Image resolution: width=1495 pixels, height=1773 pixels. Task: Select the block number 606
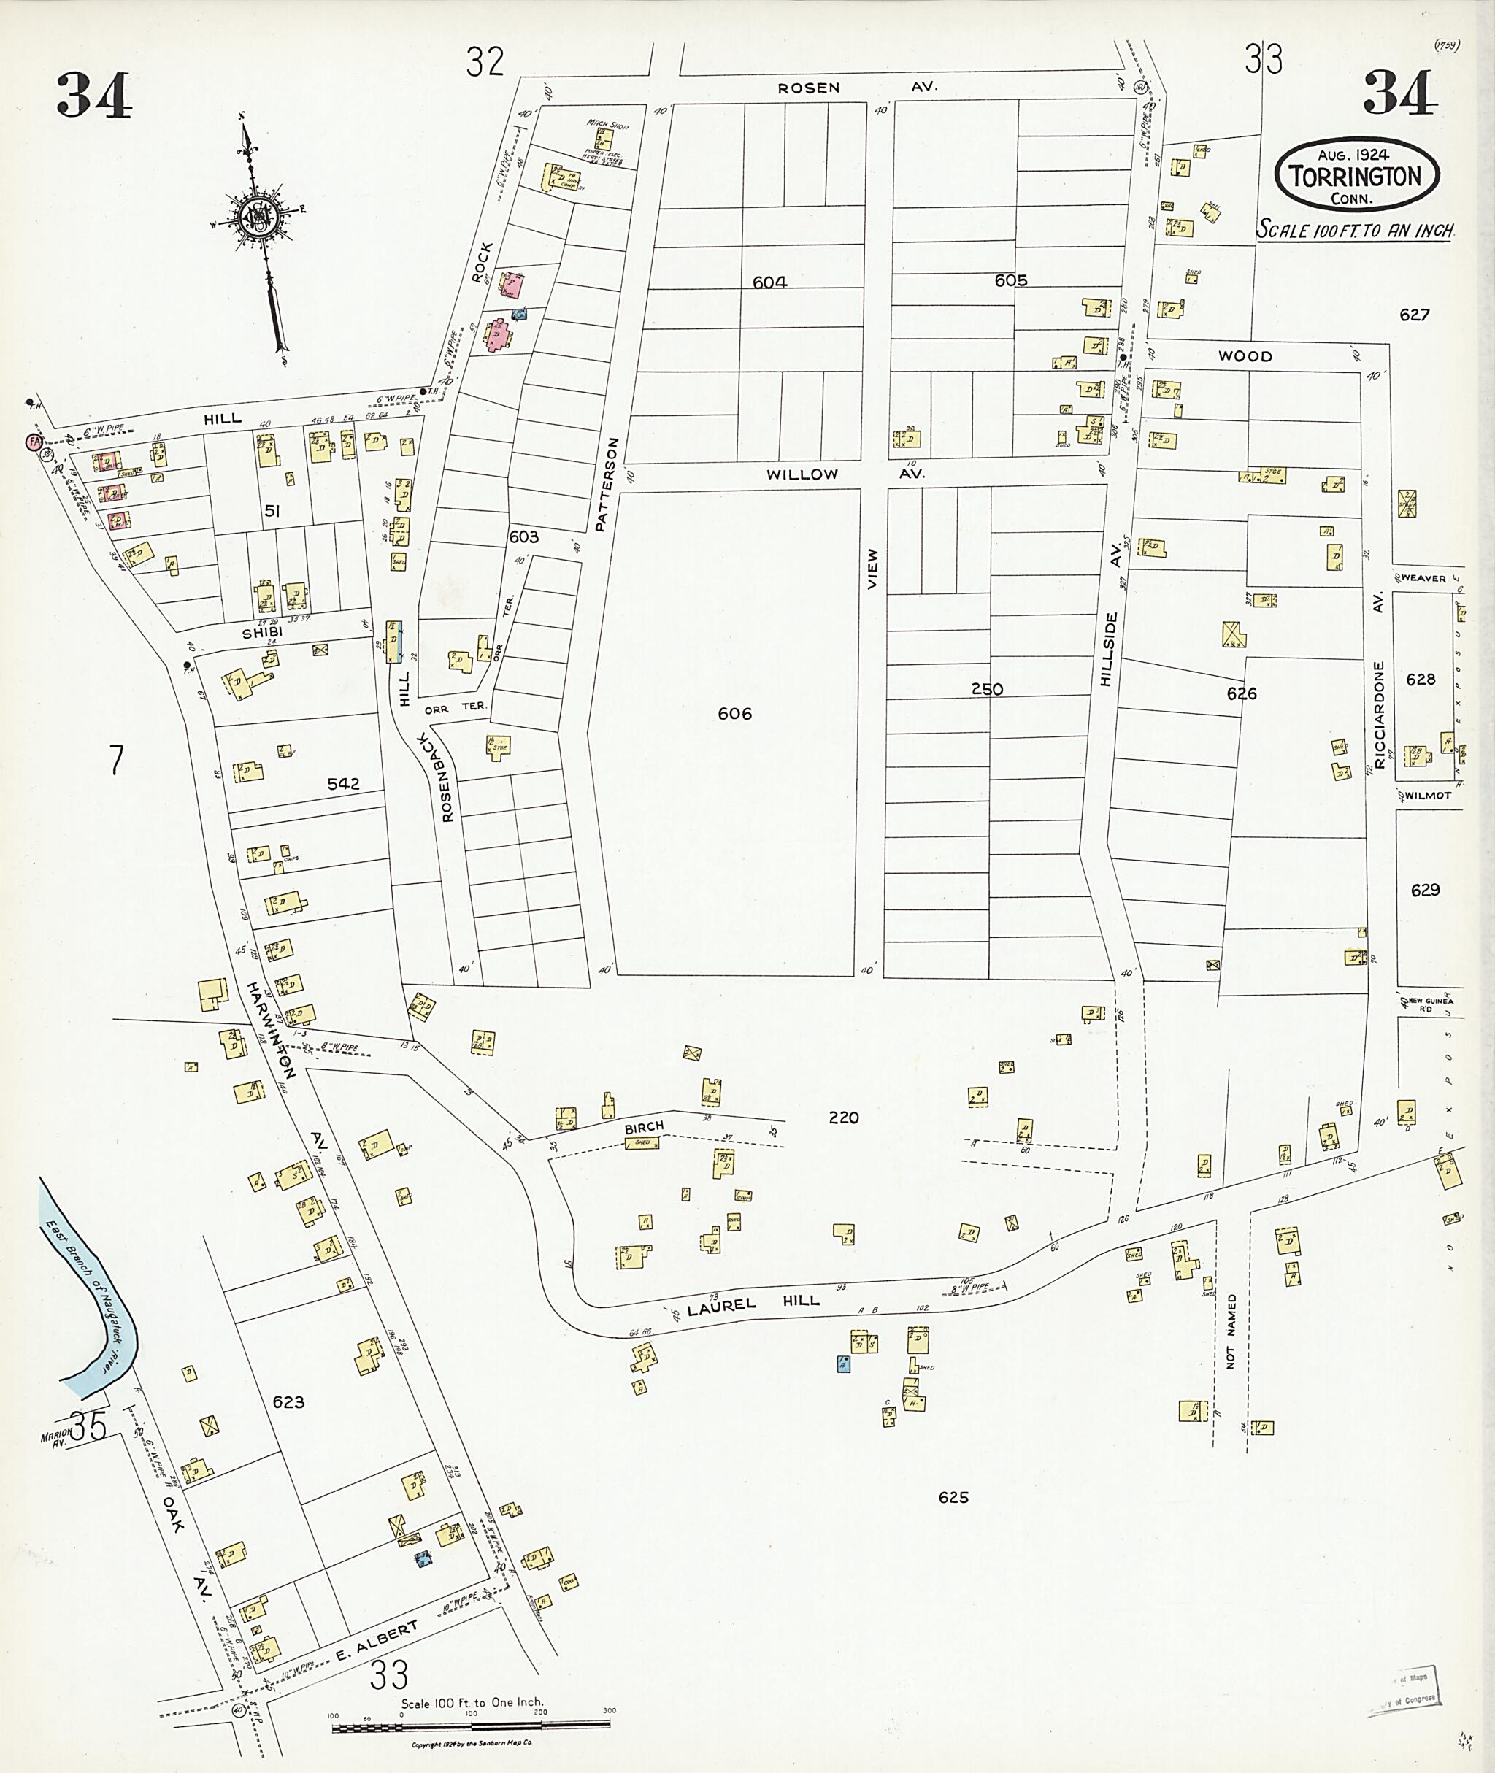[734, 714]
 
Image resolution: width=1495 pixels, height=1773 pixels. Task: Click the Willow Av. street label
[845, 474]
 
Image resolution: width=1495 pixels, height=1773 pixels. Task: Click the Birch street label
[644, 1126]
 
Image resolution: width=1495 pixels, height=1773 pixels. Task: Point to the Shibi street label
[262, 632]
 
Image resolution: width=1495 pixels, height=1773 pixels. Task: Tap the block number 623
[288, 1401]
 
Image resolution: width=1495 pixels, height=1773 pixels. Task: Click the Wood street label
[1245, 356]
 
